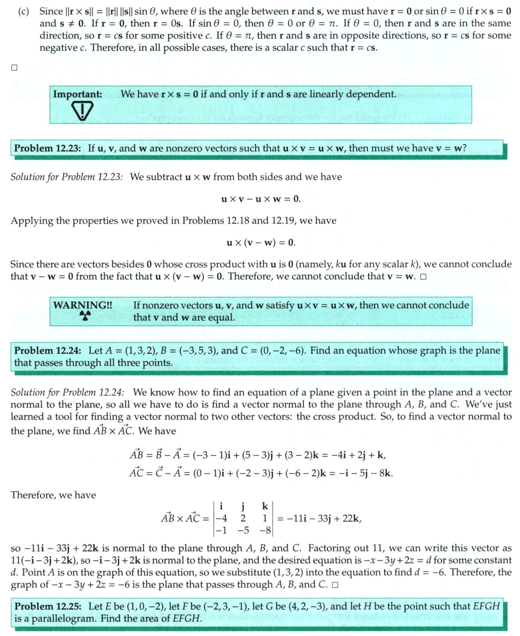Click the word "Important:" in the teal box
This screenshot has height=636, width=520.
(77, 94)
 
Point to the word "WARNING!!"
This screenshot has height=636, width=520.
(83, 305)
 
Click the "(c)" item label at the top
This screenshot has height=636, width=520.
(23, 12)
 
